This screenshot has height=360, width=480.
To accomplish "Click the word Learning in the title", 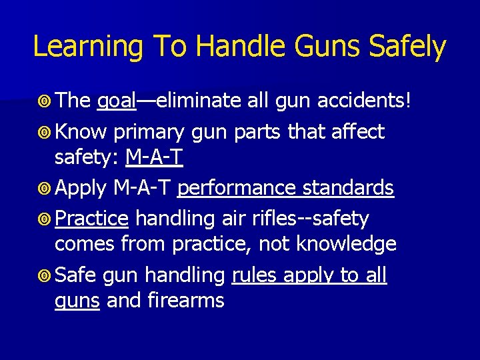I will [87, 47].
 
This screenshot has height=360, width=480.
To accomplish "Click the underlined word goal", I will [117, 101].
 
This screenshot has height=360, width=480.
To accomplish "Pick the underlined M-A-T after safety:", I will [154, 158].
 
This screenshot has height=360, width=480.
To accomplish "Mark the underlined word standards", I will [348, 189].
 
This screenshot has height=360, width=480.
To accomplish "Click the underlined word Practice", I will [91, 219].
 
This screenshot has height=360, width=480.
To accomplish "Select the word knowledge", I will [346, 244].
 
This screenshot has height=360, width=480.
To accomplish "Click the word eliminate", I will [195, 101].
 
